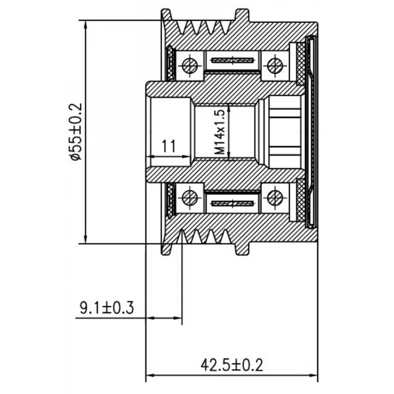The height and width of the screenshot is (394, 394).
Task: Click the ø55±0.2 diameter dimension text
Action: click(75, 131)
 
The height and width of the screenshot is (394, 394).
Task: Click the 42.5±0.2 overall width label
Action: click(231, 365)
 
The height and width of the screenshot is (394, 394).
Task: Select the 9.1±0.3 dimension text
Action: click(106, 307)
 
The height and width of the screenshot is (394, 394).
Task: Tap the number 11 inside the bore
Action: click(168, 146)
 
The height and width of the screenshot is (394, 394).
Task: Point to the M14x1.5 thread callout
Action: click(220, 132)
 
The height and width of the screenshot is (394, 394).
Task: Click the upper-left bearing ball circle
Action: click(190, 66)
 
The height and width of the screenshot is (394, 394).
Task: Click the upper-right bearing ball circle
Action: click(275, 66)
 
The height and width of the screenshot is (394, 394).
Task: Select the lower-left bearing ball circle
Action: click(190, 197)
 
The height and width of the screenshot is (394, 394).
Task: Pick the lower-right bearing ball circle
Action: click(275, 197)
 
